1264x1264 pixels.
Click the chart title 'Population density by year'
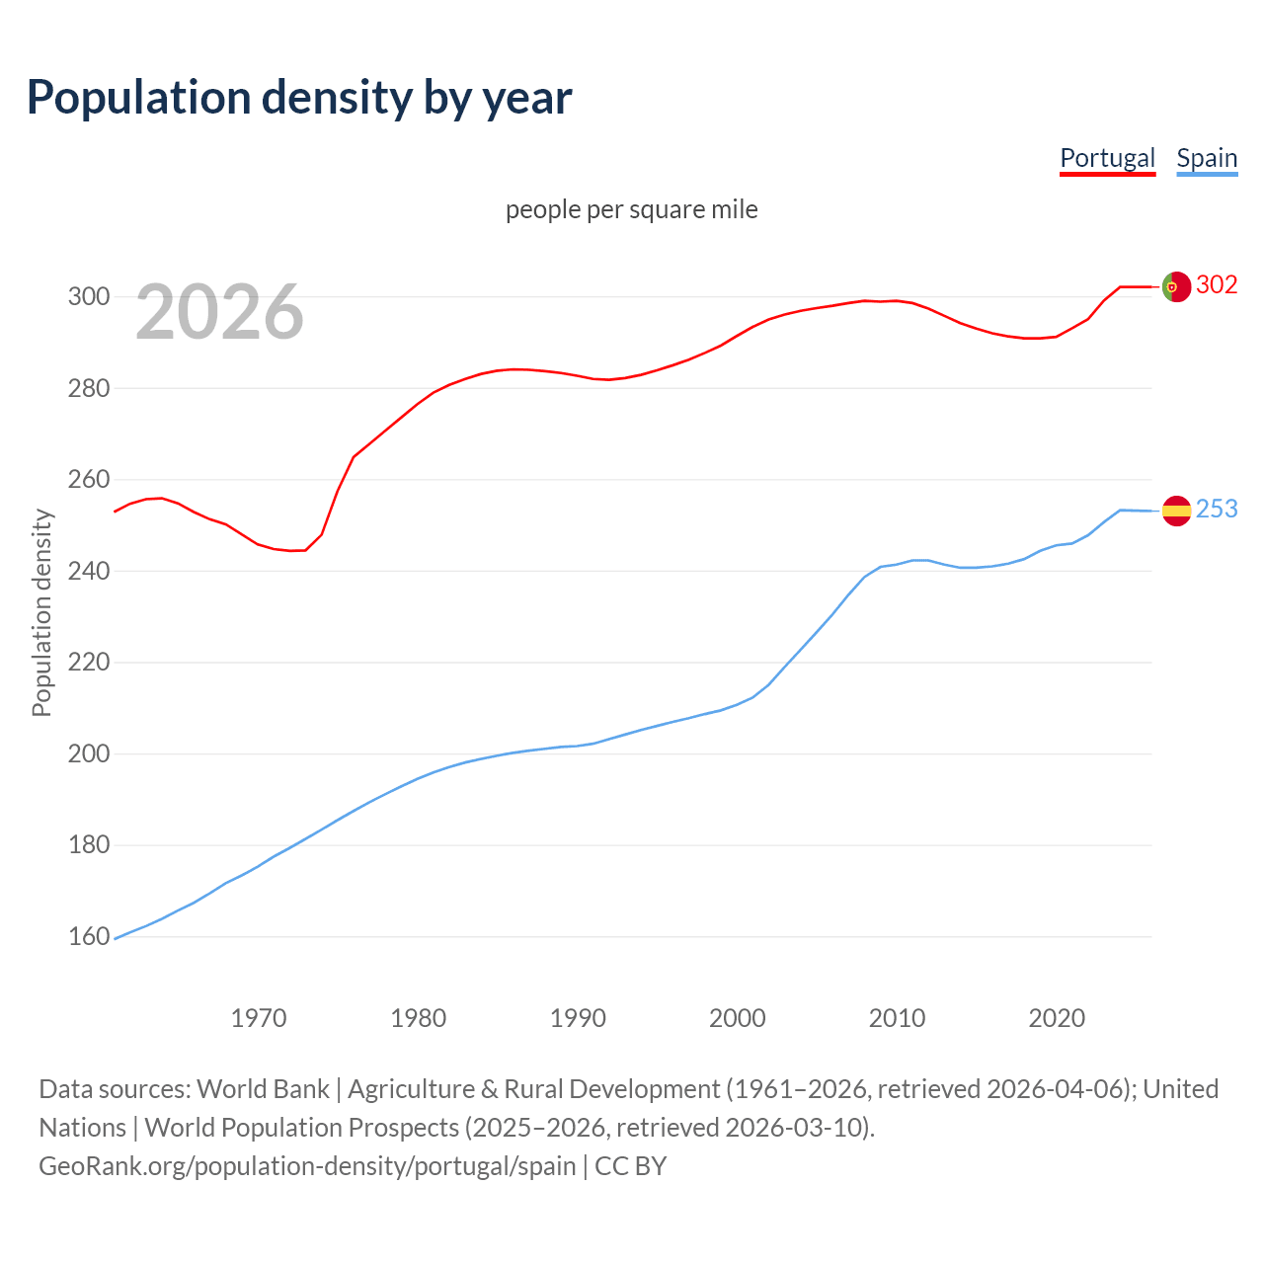[x=299, y=97]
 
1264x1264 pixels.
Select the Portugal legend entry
[x=1107, y=158]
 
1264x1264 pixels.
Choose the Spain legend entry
[x=1207, y=158]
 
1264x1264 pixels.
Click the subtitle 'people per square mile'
[x=632, y=209]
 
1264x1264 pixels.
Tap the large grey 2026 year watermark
[x=219, y=312]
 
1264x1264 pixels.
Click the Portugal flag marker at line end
[x=1176, y=286]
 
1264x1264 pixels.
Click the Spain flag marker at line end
[x=1176, y=511]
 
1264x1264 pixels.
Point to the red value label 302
[x=1217, y=285]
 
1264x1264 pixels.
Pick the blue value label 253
[x=1217, y=510]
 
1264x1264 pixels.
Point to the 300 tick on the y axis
[x=88, y=296]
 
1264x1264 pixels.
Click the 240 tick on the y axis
[x=88, y=571]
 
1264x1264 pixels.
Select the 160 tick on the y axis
[x=88, y=936]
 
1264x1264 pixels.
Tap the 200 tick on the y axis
[x=88, y=753]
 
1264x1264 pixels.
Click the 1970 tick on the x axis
[x=259, y=1018]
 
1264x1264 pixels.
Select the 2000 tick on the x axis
[x=738, y=1018]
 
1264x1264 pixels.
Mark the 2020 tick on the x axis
[x=1057, y=1018]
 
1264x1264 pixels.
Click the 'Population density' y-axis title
[x=41, y=612]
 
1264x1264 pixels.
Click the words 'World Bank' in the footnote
[x=263, y=1089]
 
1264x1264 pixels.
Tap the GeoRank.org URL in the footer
[x=307, y=1166]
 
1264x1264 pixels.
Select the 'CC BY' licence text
[x=631, y=1166]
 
